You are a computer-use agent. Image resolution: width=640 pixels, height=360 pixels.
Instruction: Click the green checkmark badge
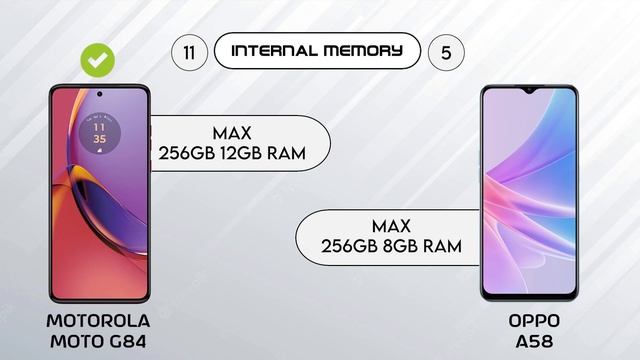click(97, 60)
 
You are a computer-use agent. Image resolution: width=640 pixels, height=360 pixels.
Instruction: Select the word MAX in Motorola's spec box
click(231, 133)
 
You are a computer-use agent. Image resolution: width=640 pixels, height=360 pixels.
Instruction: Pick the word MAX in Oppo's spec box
click(391, 226)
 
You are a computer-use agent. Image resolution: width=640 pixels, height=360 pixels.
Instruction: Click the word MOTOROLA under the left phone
click(98, 320)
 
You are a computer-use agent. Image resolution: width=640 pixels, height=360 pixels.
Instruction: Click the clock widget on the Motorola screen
click(99, 133)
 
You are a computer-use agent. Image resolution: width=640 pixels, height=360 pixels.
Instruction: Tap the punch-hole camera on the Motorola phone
click(99, 96)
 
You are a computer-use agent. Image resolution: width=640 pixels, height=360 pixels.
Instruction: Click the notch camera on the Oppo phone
click(528, 92)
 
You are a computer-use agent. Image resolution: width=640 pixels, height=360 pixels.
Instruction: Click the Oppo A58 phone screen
click(528, 190)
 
